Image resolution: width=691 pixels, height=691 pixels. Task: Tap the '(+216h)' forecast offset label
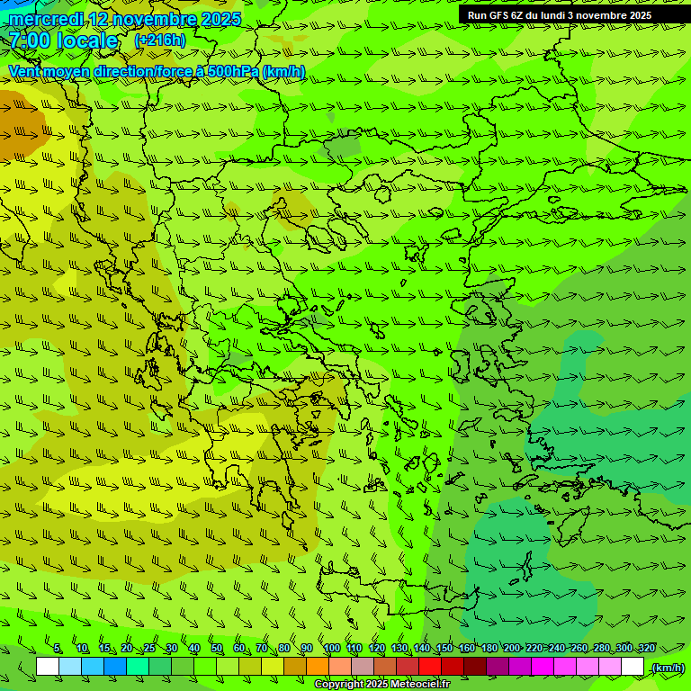tap(160, 40)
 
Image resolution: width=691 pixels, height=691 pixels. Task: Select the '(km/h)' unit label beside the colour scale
tap(668, 668)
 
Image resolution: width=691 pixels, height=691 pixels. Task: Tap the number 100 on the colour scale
tap(332, 649)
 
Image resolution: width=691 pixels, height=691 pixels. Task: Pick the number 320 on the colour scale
tap(646, 649)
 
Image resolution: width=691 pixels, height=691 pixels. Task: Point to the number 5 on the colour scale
tap(57, 649)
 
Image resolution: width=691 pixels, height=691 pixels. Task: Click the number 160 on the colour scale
tap(467, 649)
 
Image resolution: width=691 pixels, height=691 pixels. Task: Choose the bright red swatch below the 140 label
tap(430, 667)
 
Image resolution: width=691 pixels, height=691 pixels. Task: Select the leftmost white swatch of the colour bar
tap(48, 667)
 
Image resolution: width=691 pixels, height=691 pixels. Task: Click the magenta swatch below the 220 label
tap(543, 667)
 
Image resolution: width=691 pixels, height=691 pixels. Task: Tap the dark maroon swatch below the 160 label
tap(475, 667)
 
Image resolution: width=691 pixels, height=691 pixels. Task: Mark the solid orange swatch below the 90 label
tap(318, 667)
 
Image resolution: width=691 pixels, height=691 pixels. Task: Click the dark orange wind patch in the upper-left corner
tap(20, 126)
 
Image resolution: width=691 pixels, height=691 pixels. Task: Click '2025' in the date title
tap(220, 19)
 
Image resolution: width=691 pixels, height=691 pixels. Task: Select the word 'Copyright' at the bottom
tap(338, 685)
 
